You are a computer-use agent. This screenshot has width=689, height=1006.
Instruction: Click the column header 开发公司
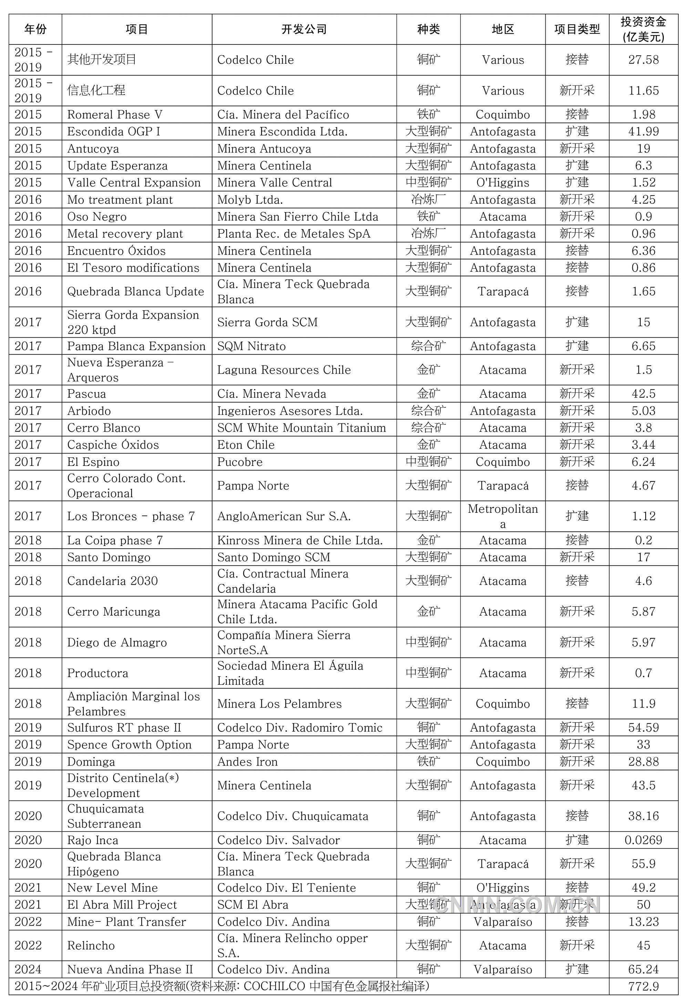(304, 29)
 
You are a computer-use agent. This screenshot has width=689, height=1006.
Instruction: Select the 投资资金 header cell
(643, 29)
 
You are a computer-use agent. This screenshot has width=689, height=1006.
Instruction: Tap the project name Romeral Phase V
(115, 115)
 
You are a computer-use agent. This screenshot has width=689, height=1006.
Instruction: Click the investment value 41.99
(643, 132)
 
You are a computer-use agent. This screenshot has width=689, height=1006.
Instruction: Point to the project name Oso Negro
(97, 217)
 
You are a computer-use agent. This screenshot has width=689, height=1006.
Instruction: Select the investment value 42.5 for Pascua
(643, 394)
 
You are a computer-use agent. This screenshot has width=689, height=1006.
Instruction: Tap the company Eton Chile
(246, 445)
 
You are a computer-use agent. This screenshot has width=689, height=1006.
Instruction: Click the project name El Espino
(93, 462)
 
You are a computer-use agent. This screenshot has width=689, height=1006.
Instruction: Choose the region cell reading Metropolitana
(503, 516)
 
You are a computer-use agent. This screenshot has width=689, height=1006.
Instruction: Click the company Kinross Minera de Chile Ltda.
(300, 540)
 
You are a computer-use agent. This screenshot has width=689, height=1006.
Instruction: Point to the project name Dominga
(91, 762)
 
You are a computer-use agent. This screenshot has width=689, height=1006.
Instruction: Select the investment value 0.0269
(643, 840)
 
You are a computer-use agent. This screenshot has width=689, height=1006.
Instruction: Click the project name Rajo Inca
(93, 840)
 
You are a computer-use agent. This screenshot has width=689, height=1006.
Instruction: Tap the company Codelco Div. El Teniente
(286, 888)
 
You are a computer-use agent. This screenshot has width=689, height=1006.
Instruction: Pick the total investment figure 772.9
(643, 987)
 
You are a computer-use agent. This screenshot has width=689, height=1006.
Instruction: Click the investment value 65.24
(643, 970)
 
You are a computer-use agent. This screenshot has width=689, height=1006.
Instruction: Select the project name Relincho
(91, 946)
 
